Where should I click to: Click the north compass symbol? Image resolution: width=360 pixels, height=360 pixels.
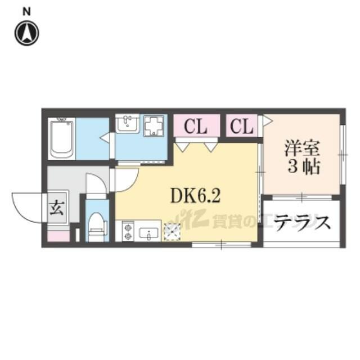(x=27, y=33)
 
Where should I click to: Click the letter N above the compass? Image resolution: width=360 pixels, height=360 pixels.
(x=26, y=11)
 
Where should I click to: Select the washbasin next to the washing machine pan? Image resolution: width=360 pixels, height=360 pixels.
(x=127, y=124)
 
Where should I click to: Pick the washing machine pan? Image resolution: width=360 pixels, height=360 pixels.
(x=154, y=125)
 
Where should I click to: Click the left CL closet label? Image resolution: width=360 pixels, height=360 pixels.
(x=196, y=126)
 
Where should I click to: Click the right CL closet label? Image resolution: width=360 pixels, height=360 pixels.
(x=241, y=126)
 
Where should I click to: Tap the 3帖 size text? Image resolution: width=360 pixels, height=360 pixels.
(x=304, y=167)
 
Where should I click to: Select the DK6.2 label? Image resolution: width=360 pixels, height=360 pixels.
(x=195, y=196)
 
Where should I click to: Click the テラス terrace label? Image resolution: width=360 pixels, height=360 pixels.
(x=302, y=223)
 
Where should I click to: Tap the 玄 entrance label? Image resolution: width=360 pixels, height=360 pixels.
(x=57, y=208)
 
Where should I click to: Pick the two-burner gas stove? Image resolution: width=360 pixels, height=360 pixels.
(x=128, y=231)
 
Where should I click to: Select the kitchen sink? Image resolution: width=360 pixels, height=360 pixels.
(x=148, y=234)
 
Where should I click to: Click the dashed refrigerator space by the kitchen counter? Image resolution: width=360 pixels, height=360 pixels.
(x=172, y=232)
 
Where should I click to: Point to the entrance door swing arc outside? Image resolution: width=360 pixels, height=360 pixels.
(x=20, y=213)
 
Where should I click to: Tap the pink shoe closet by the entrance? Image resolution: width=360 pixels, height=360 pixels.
(x=58, y=236)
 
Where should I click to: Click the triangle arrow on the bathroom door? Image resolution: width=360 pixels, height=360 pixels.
(x=105, y=138)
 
